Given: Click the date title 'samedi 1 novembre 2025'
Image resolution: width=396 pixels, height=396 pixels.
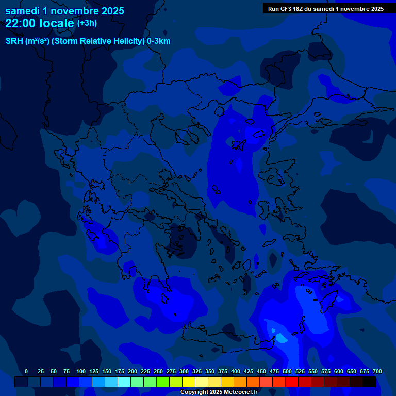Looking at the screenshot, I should [64, 11].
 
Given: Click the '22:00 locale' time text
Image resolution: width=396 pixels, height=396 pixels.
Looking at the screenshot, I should [40, 23].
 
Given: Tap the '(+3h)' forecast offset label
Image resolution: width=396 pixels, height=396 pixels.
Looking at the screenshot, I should [87, 23].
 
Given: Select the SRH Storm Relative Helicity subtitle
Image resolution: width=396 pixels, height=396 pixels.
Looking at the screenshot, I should [88, 41].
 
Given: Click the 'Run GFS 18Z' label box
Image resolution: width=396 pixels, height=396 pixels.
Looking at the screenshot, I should [325, 8].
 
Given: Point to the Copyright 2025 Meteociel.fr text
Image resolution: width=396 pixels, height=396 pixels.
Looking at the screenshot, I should [219, 392].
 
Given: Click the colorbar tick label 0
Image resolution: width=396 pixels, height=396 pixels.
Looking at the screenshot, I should [26, 371].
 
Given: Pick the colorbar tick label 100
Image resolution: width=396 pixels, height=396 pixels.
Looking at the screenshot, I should [81, 371].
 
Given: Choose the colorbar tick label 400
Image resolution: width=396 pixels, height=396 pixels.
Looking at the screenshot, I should [236, 371].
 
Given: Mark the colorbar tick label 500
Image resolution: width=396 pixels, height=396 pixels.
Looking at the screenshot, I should [287, 371].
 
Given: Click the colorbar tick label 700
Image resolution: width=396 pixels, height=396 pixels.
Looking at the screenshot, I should [377, 371].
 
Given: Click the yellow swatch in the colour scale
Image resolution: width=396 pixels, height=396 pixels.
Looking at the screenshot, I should [189, 382].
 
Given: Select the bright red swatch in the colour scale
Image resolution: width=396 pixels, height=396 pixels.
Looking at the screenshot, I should [292, 382].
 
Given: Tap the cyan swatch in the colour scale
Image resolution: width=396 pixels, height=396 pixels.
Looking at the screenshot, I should [124, 382].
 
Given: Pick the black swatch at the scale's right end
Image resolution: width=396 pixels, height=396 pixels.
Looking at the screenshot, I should [369, 382].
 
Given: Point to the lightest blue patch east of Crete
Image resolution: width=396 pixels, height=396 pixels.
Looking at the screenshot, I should [281, 338].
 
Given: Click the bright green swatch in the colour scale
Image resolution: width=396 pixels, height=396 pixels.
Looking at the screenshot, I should [163, 382].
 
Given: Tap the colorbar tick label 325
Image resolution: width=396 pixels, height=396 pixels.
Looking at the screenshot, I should [197, 371].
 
